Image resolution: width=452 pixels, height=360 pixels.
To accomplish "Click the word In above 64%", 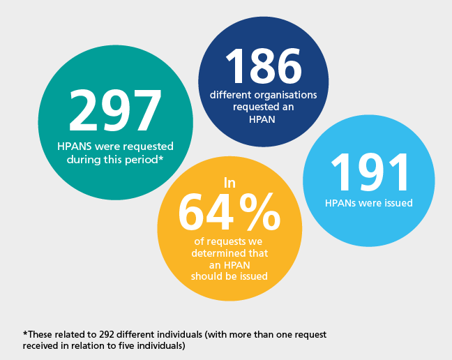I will pyautogui.click(x=229, y=183).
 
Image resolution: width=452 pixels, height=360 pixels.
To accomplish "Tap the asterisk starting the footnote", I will pyautogui.click(x=24, y=334).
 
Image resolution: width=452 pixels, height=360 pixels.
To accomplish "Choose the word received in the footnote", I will pyautogui.click(x=40, y=346).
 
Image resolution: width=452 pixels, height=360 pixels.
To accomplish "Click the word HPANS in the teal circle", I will pyautogui.click(x=73, y=147).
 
